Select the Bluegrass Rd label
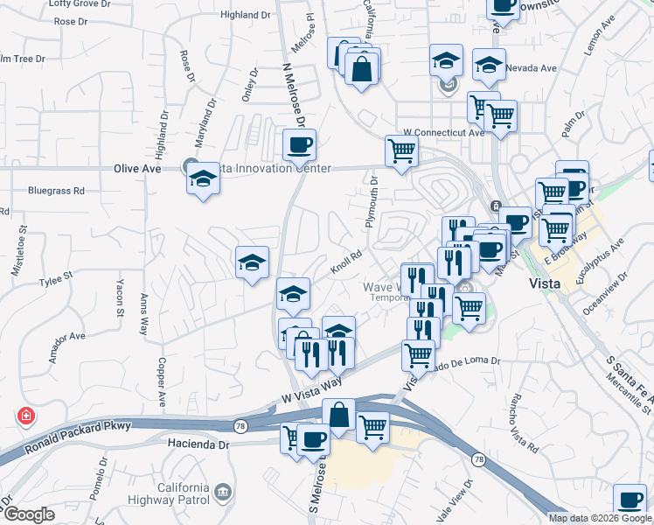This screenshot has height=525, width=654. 56,190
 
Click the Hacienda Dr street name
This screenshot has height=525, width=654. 198,444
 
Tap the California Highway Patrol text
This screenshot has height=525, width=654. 171,494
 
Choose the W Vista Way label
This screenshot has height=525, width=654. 311,386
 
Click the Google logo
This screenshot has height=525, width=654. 31,514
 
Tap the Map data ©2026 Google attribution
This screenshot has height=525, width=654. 600,518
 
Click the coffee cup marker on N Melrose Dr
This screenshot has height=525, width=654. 299,145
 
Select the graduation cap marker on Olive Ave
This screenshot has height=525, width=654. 203,178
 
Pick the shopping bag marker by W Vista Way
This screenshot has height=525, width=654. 339,416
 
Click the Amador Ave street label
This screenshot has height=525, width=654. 66,336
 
